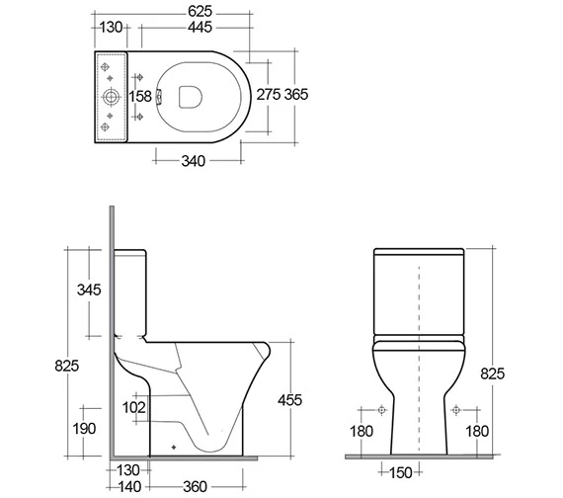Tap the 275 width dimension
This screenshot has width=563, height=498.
pyautogui.click(x=269, y=96)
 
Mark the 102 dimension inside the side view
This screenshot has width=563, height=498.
pyautogui.click(x=134, y=406)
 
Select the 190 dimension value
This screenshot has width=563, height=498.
pyautogui.click(x=83, y=429)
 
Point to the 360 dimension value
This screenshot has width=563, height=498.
pyautogui.click(x=195, y=488)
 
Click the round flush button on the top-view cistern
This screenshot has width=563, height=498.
pyautogui.click(x=112, y=97)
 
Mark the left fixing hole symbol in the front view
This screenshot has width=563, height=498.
pyautogui.click(x=382, y=409)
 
